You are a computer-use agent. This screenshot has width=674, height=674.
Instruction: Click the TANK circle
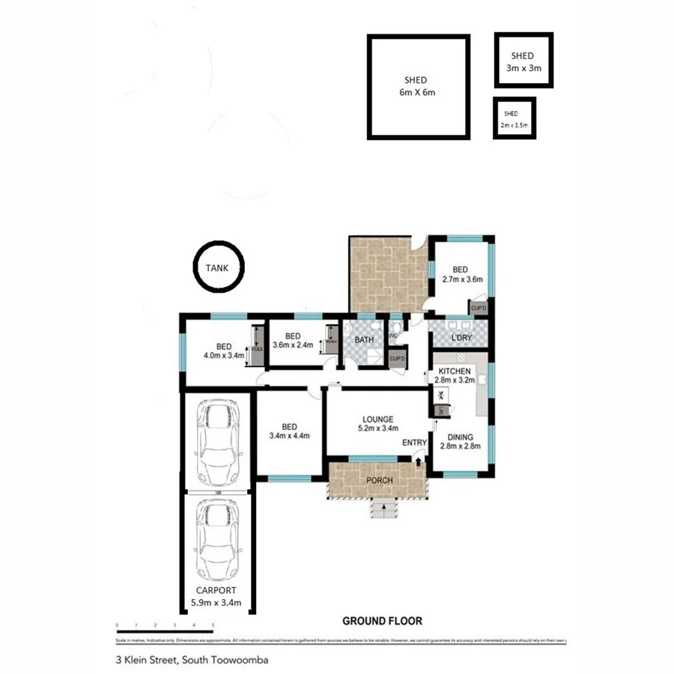[218, 267]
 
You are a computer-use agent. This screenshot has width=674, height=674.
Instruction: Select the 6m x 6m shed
[417, 87]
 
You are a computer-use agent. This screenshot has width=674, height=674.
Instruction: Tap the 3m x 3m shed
[522, 61]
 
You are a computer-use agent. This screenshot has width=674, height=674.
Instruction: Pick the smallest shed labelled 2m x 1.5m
[514, 118]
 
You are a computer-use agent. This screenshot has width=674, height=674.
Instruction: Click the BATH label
[364, 340]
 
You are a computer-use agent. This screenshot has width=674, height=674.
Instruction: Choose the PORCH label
[378, 480]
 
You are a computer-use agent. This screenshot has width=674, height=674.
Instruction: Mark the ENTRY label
[414, 443]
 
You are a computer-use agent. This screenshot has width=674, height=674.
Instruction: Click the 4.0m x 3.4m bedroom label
[223, 350]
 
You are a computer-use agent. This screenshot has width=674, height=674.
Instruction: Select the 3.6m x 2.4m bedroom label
[292, 340]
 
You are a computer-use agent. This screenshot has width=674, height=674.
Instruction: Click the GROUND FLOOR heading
[382, 621]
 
